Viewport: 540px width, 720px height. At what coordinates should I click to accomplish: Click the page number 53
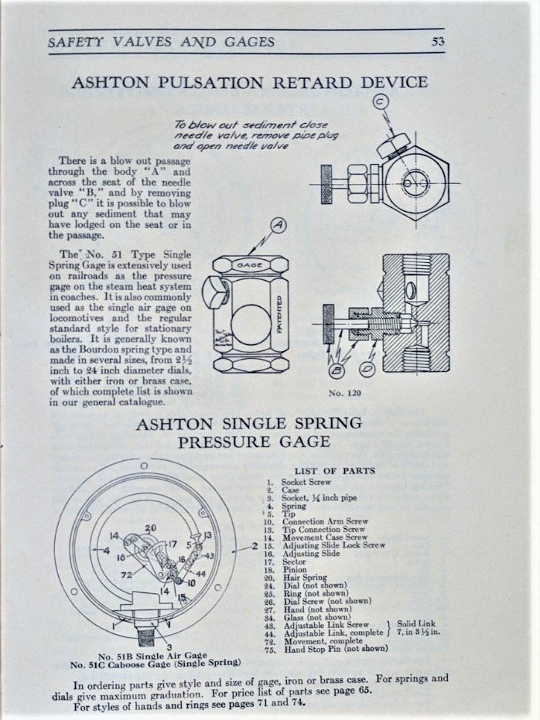438,42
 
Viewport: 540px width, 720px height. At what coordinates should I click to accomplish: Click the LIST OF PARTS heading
334,469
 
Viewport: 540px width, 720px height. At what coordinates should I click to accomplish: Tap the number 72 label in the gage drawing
125,575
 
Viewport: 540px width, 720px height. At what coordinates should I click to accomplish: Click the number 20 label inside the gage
150,528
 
